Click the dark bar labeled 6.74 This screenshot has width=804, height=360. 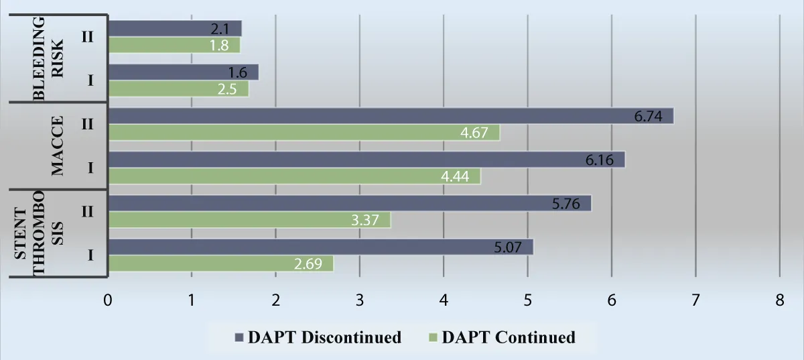pos(391,116)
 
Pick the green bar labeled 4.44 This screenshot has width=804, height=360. pos(294,176)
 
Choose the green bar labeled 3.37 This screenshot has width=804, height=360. pos(249,220)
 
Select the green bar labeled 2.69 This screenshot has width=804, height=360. pos(220,263)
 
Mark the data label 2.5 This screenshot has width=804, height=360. pos(233,89)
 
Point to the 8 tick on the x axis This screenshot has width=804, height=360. pos(779,301)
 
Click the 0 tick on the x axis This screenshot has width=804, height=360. pos(107,301)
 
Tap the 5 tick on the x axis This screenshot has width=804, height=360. pos(527,301)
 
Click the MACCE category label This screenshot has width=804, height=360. pos(58,146)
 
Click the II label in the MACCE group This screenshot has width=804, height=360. pos(88,124)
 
